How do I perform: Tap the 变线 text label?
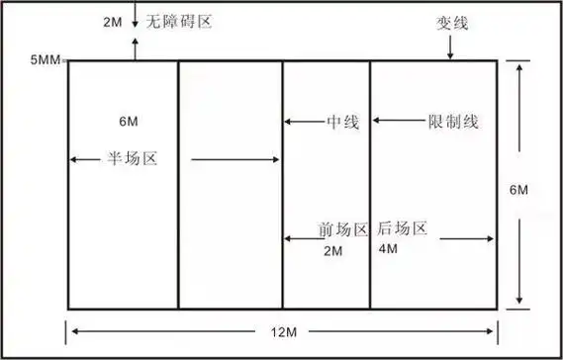(x=450, y=22)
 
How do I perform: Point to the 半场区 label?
(x=134, y=158)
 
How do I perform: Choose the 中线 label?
(x=341, y=122)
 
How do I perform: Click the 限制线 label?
(x=453, y=122)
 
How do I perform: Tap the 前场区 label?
(x=342, y=229)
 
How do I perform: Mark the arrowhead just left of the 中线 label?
(x=288, y=122)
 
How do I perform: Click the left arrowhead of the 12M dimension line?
(x=71, y=330)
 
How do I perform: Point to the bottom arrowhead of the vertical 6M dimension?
(x=519, y=303)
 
